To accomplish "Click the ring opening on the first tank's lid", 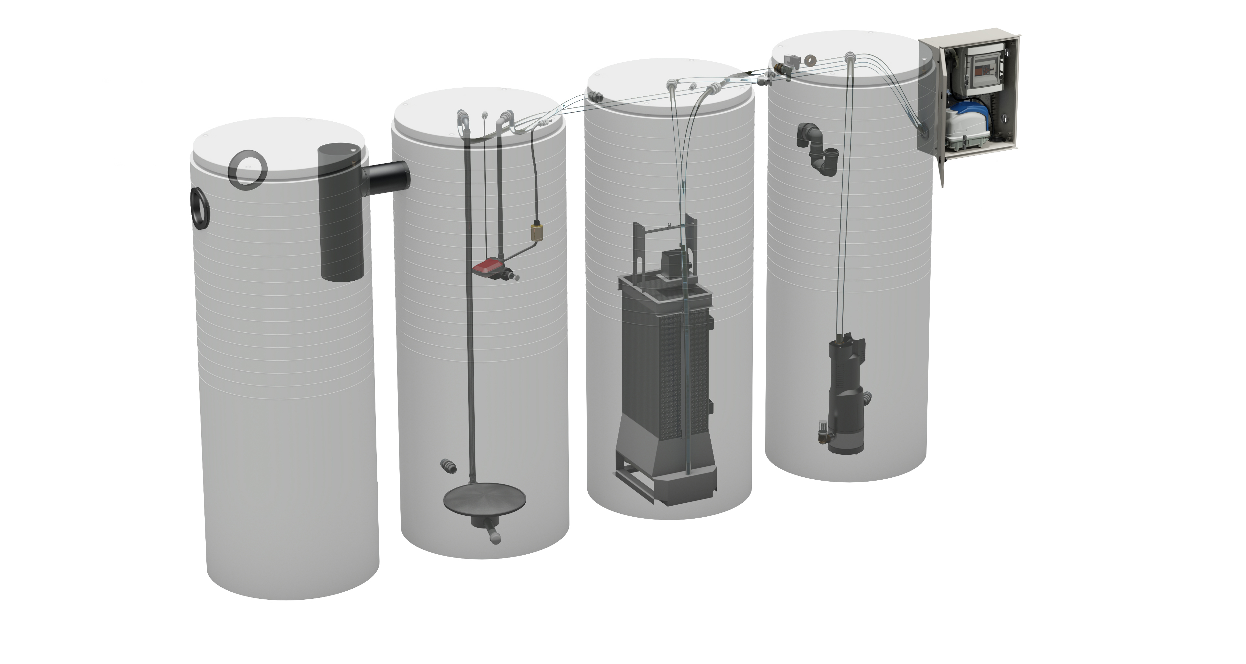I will [248, 169].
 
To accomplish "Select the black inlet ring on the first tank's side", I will [200, 208].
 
